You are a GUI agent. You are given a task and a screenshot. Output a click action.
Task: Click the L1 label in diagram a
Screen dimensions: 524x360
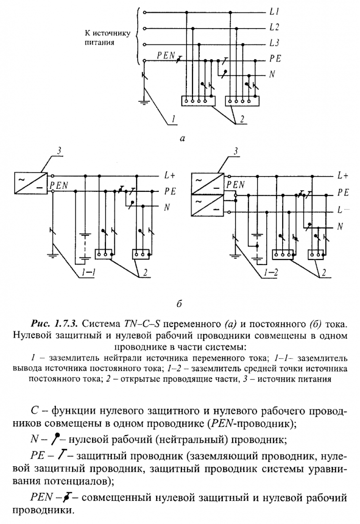click(x=274, y=11)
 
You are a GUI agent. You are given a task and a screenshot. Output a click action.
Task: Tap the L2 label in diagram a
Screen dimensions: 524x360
click(x=274, y=27)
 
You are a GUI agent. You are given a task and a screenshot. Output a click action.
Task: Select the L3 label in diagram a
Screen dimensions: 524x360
click(x=274, y=43)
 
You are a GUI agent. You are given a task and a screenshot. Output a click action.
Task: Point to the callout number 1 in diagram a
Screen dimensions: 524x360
click(x=174, y=119)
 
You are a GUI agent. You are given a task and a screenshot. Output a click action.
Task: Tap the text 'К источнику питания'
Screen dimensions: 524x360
click(x=108, y=38)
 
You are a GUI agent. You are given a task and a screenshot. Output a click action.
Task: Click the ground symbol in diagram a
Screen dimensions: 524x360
click(x=144, y=101)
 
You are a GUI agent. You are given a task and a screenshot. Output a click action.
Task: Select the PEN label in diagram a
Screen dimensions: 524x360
click(x=166, y=56)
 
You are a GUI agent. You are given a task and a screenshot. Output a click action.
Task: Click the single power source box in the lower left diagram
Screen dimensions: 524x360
click(x=30, y=183)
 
